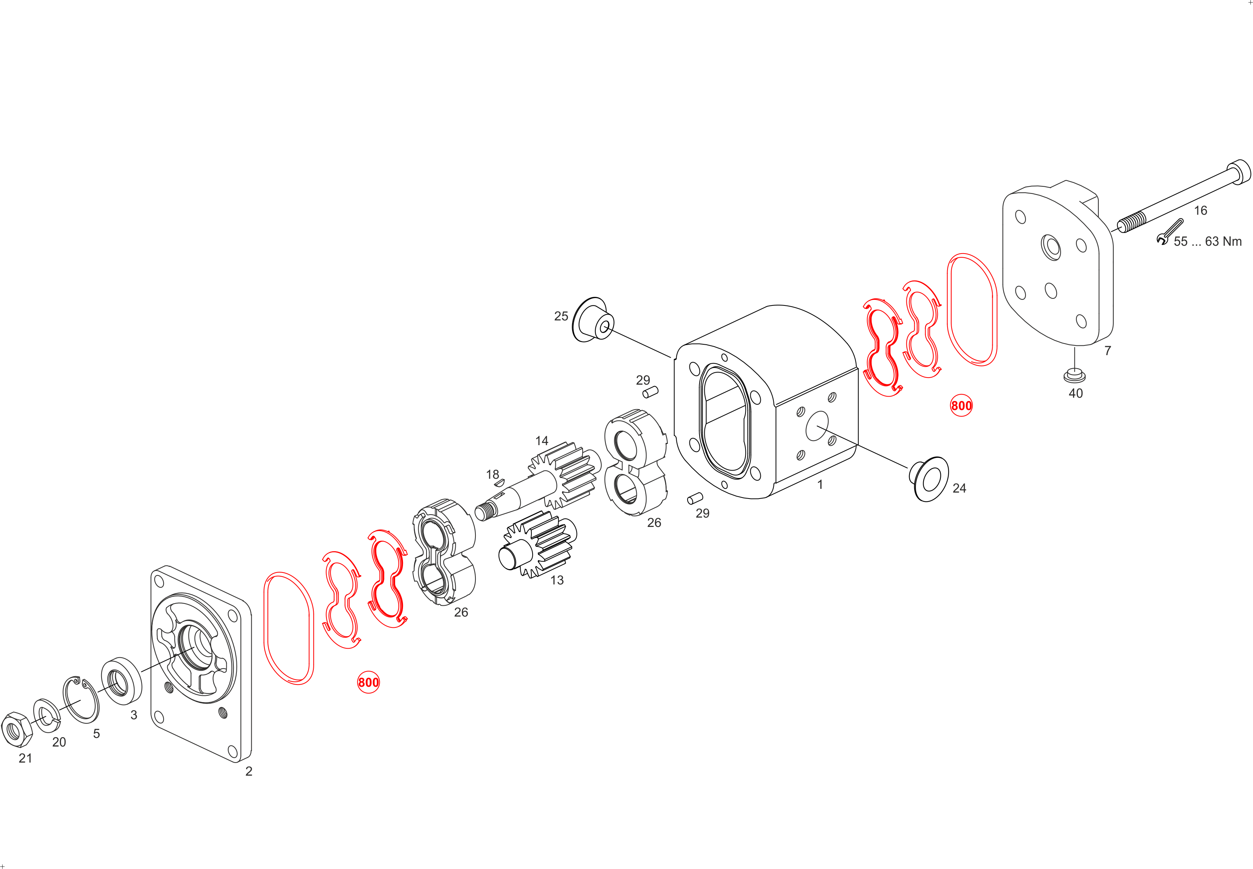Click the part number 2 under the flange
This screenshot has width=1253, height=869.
(249, 771)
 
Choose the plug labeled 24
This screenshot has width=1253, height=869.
(929, 479)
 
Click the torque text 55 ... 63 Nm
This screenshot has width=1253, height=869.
(1208, 241)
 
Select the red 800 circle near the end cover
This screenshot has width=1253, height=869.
(961, 406)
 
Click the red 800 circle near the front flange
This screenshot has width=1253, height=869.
(368, 682)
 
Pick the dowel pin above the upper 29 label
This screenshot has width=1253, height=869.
(650, 392)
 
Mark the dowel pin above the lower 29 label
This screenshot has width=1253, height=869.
(695, 498)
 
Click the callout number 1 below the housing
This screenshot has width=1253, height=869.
(820, 485)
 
